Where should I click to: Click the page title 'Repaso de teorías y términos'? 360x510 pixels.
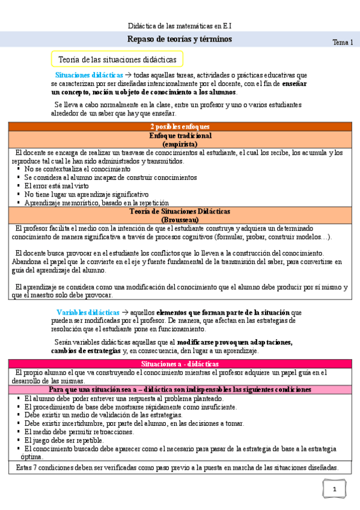[180, 39]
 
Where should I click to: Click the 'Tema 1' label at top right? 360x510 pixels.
[343, 42]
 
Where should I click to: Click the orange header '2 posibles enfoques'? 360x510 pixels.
[179, 126]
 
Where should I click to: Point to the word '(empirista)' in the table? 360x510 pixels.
[179, 145]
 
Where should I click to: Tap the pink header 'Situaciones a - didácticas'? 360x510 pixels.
[179, 364]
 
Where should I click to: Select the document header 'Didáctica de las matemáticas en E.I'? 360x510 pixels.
[180, 26]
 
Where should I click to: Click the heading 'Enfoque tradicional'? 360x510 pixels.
[179, 137]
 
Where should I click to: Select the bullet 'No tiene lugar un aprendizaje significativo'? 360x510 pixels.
[86, 195]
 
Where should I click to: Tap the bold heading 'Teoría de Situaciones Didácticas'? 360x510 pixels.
[179, 212]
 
